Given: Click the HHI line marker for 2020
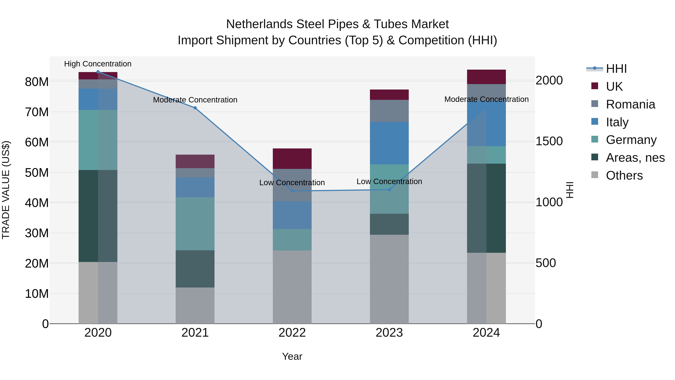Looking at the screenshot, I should click(x=98, y=72).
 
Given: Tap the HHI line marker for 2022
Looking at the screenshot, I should click(x=292, y=191).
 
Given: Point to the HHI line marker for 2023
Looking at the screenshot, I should click(x=389, y=190).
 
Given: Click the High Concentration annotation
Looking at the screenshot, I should click(x=98, y=64).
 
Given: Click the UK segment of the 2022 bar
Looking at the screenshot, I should click(x=292, y=159).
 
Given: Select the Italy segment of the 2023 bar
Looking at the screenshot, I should click(x=389, y=143).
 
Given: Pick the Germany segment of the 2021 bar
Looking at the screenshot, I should click(x=195, y=224).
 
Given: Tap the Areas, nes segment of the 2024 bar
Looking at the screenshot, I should click(x=486, y=208).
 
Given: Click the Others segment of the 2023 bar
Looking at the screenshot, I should click(x=389, y=279).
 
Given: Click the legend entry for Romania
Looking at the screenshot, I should click(x=630, y=104).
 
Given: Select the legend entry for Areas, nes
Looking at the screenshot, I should click(x=635, y=158).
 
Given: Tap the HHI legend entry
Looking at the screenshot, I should click(x=616, y=69).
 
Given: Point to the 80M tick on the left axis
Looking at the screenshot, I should click(x=37, y=82).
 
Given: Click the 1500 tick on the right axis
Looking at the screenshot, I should click(x=549, y=141).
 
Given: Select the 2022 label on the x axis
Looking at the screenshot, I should click(x=292, y=333).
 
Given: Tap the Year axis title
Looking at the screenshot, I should click(x=292, y=356).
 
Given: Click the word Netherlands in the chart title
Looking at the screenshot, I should click(x=259, y=24).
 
